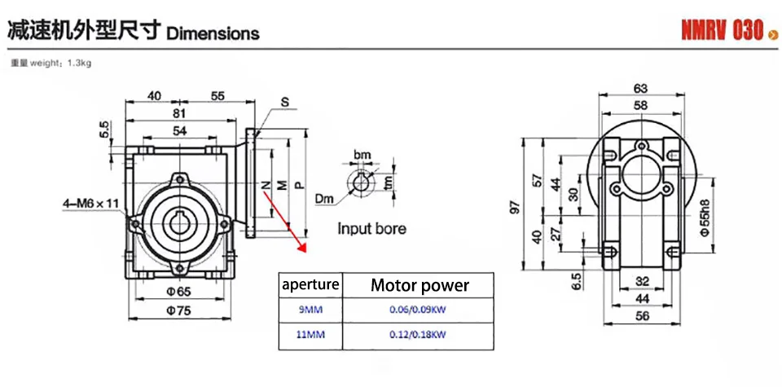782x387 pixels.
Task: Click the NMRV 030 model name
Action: [x=723, y=32]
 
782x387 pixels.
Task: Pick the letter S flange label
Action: [x=285, y=103]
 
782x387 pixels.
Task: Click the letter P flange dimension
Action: [x=299, y=185]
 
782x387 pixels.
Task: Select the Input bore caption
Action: [x=371, y=229]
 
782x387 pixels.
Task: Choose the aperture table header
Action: [x=310, y=285]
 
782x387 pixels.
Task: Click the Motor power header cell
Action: [x=420, y=285]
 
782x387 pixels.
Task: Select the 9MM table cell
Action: [x=310, y=310]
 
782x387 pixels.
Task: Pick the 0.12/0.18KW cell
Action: [x=420, y=335]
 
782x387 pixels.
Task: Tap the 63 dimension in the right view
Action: [x=640, y=88]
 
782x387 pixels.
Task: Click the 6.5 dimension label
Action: [x=578, y=281]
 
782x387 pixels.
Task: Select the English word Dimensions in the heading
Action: [x=213, y=33]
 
